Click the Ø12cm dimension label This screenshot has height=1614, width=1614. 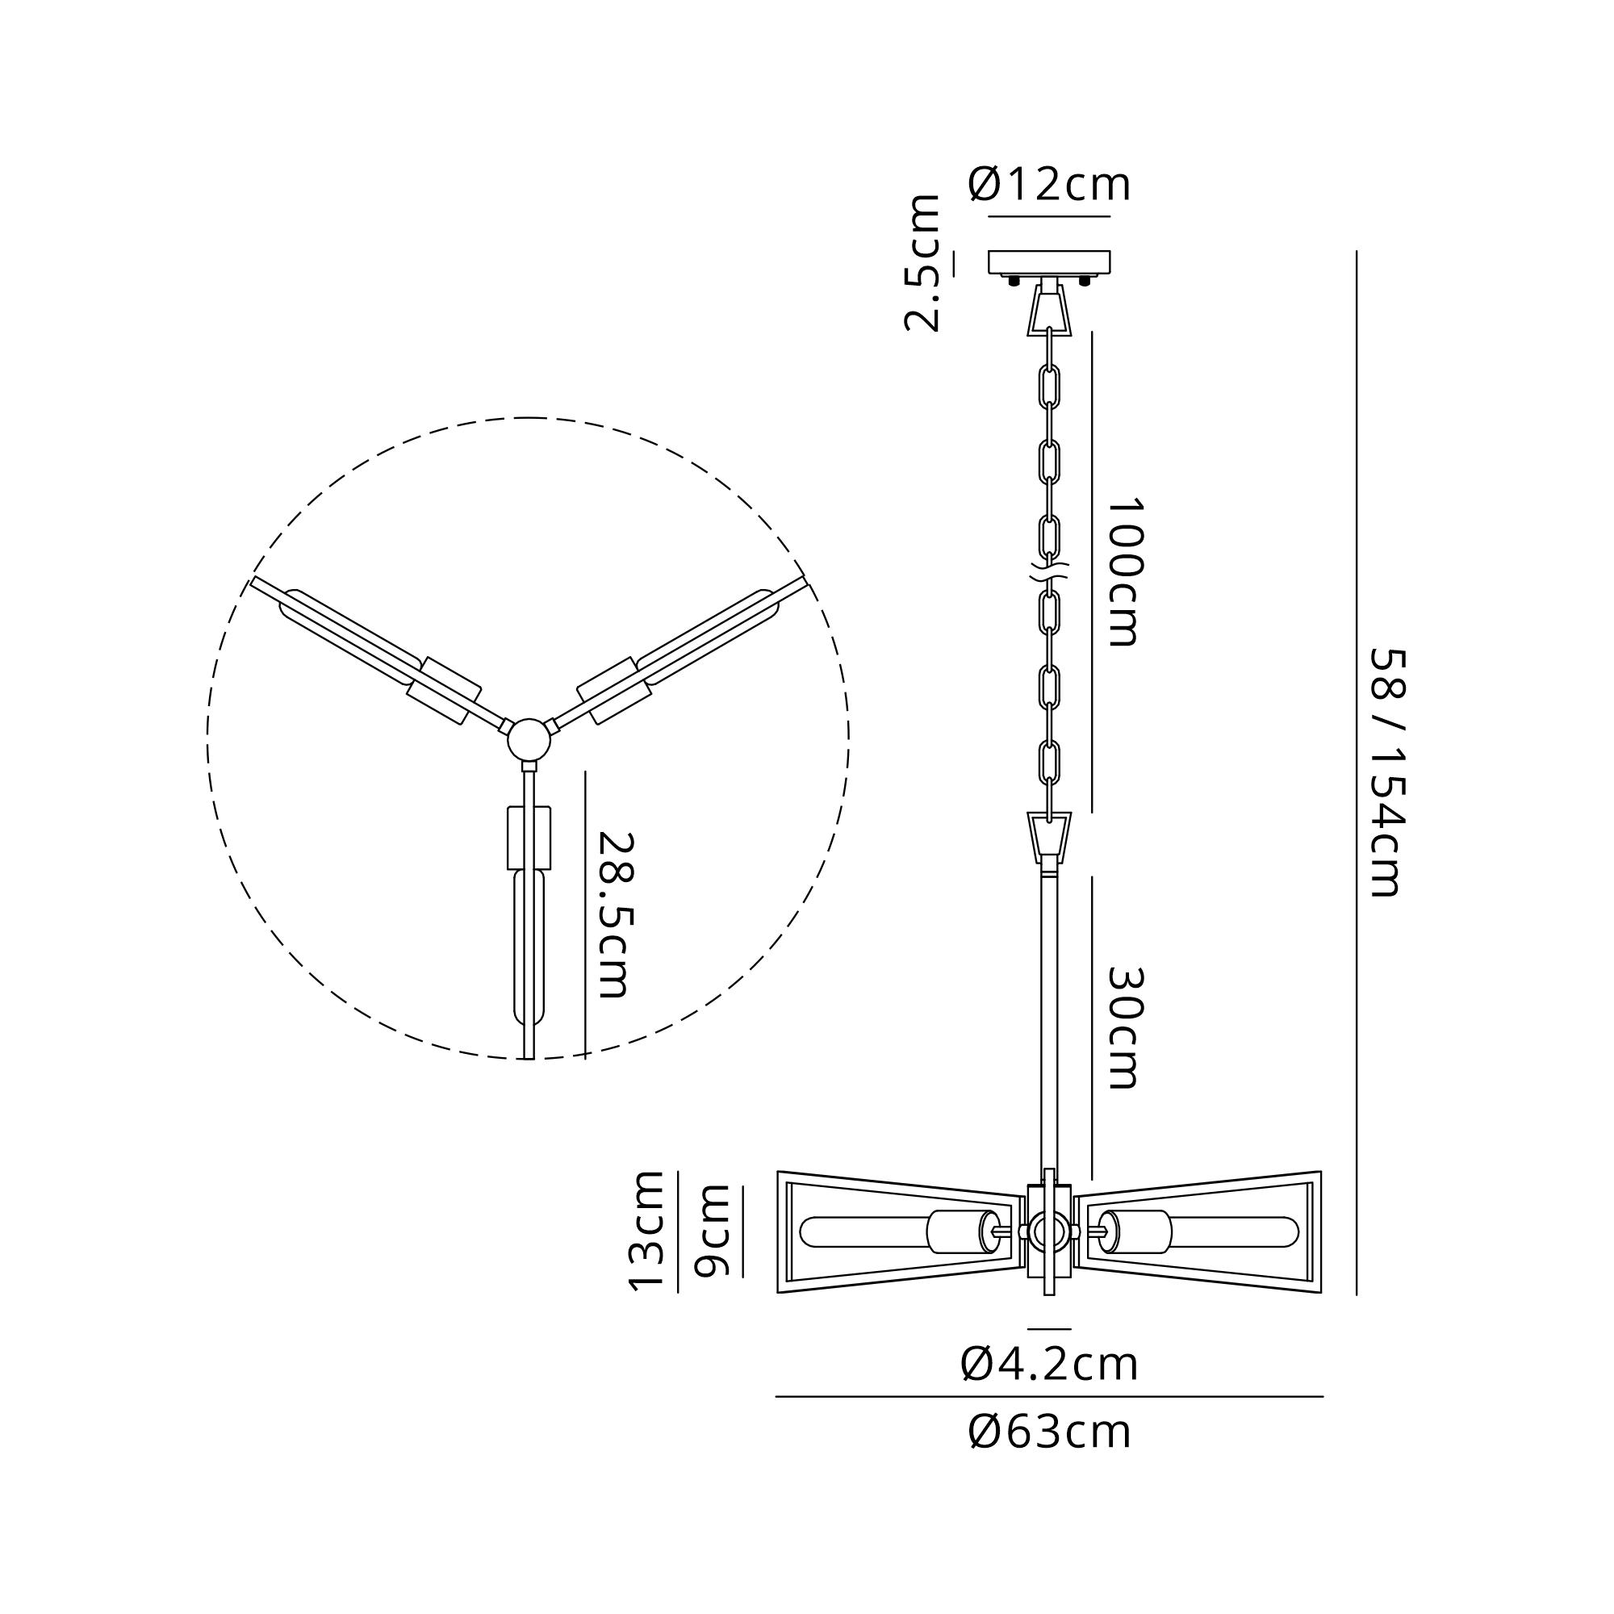tap(1049, 185)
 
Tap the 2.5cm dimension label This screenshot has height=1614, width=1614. tap(923, 263)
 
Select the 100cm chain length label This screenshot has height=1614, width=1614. tap(1123, 572)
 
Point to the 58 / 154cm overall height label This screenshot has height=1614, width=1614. tap(1388, 773)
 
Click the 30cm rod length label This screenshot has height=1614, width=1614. tap(1123, 1028)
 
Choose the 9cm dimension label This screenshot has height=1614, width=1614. tap(713, 1231)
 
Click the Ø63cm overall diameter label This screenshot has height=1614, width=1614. tap(1049, 1432)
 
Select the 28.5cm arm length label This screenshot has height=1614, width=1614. tap(617, 915)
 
